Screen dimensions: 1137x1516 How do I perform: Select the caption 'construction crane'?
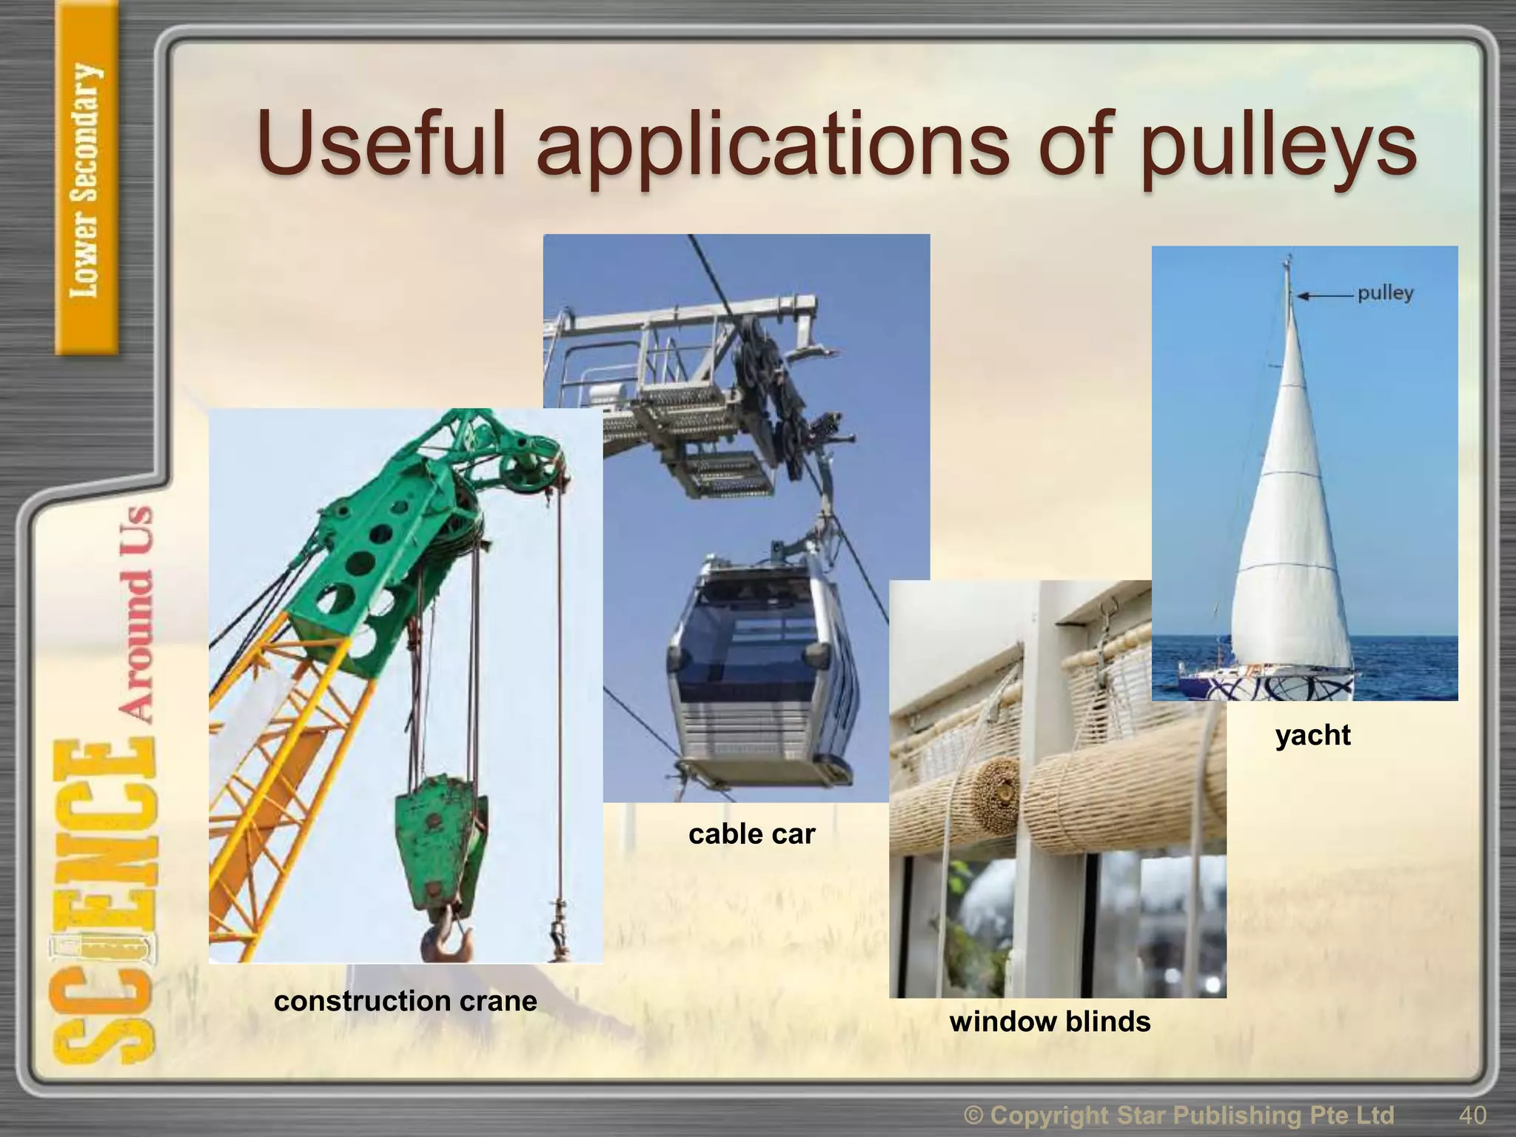[405, 1002]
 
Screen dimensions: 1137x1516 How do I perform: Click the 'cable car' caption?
[751, 834]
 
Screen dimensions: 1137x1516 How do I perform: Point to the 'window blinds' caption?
[1050, 1022]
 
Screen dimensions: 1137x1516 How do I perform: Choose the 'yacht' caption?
[1312, 735]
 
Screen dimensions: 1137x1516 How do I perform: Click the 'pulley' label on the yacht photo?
[1385, 293]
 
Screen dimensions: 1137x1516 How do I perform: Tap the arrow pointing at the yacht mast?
[1324, 295]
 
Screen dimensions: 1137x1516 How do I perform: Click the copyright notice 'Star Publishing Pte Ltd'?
[1192, 1115]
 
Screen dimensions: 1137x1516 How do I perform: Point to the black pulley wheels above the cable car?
[770, 400]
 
